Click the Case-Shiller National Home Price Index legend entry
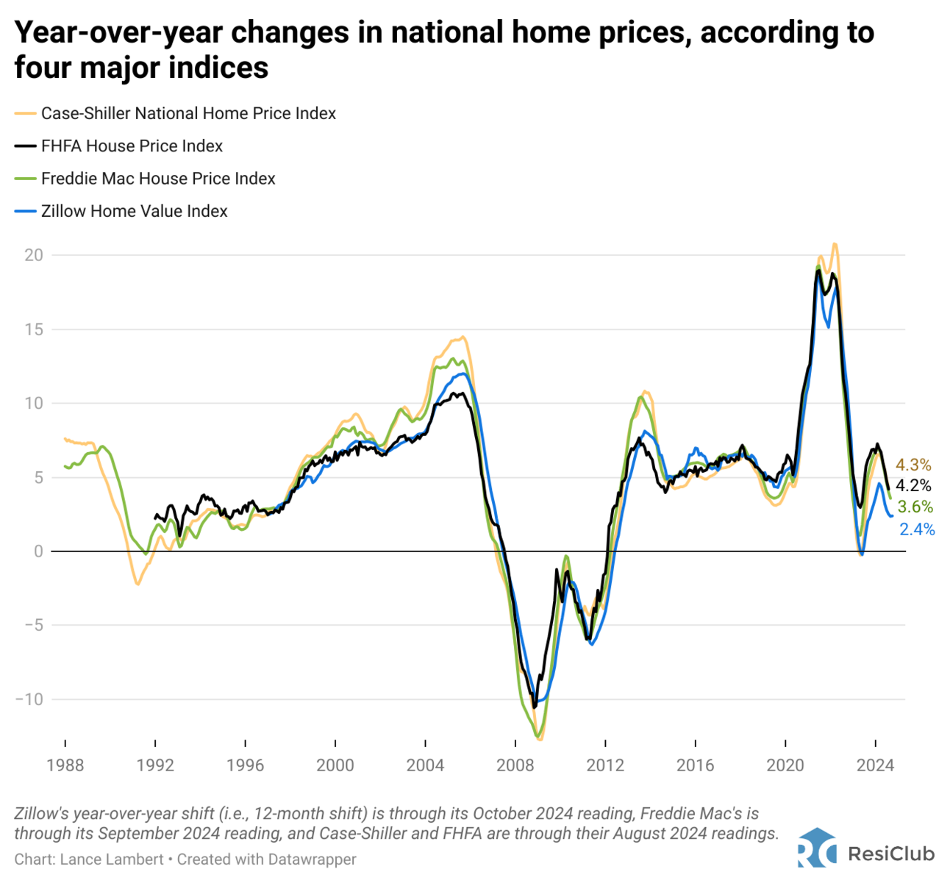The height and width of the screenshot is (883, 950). click(188, 113)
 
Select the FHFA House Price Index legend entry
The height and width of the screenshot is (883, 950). click(132, 146)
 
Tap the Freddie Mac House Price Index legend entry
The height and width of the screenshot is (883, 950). click(158, 179)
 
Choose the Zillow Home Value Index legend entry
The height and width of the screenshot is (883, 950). click(134, 211)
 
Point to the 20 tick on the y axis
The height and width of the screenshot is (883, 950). click(34, 255)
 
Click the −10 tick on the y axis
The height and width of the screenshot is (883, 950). click(29, 699)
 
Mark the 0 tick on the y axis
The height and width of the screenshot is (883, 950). click(38, 551)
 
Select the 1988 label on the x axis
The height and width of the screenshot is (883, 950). click(65, 765)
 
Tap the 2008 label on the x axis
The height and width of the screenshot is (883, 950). click(515, 765)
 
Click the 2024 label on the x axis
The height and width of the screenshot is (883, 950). click(875, 765)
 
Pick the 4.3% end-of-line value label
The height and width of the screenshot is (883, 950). click(913, 465)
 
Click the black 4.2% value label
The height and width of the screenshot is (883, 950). click(913, 485)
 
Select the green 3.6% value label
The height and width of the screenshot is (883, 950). click(915, 507)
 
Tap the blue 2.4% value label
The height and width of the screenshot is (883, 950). click(917, 529)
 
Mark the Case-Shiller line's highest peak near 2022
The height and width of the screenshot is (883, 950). click(835, 244)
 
